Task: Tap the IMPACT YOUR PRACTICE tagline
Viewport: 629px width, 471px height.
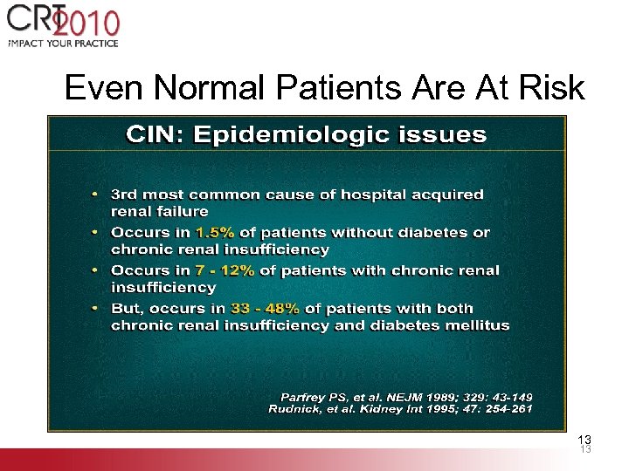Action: coord(63,41)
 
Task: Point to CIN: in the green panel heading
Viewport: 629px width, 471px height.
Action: coord(156,135)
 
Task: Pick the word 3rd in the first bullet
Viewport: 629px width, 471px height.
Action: coord(124,195)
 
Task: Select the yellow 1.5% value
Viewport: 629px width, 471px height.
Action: coord(215,233)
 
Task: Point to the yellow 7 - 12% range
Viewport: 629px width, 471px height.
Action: coord(225,270)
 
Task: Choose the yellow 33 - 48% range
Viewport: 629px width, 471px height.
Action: coord(266,309)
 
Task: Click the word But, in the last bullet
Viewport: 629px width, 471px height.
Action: coord(128,309)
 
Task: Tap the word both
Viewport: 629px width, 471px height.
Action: coord(453,309)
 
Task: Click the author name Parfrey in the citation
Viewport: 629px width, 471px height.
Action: coord(304,395)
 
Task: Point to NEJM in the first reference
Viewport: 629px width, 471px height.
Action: coord(397,395)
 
